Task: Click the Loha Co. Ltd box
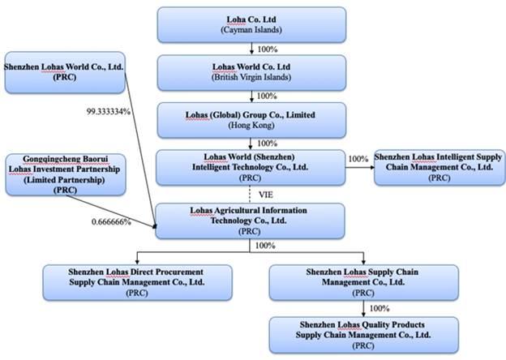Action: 251,24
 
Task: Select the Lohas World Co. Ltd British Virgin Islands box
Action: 251,71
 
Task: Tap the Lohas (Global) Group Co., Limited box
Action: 251,119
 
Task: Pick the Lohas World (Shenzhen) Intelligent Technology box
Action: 251,167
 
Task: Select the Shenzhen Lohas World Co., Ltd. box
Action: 64,71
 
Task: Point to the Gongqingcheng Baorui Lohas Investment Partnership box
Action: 64,174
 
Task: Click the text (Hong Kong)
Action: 251,126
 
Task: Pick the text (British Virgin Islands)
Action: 251,78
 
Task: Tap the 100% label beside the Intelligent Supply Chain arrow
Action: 358,158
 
